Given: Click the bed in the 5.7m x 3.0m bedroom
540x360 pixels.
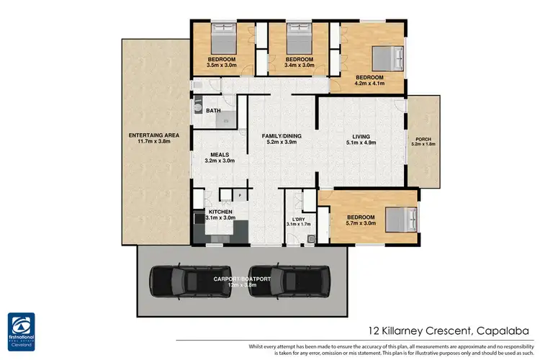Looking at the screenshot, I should point(400,217).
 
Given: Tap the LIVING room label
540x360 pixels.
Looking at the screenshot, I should point(361,135).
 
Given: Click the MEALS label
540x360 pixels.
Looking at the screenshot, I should point(220,154).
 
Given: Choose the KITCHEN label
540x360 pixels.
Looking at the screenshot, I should point(220,211).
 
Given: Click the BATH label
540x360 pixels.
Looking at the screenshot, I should point(213,111).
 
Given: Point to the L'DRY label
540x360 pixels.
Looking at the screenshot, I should point(300,219).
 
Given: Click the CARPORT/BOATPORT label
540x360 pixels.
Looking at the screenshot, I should point(240,278).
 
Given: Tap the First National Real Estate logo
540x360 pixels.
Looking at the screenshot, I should point(26,330).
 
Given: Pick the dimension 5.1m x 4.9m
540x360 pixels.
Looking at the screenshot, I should point(361,142).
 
